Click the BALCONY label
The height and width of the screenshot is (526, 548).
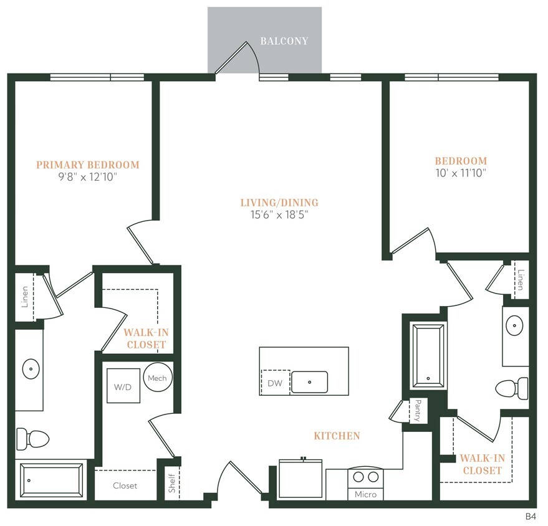[284, 41]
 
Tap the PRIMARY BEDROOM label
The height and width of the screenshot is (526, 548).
[87, 165]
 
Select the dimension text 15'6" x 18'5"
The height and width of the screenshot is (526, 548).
[279, 214]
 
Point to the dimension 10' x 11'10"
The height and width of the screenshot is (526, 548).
[461, 173]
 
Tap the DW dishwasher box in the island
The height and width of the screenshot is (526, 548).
[275, 383]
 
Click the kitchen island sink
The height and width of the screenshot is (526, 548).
[310, 382]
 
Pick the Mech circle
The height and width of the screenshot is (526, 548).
[157, 378]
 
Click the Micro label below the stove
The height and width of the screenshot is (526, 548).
[365, 494]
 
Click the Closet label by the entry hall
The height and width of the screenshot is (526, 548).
[125, 485]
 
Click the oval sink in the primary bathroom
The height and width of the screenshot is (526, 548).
[31, 370]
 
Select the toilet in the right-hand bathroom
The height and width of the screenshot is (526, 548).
[513, 387]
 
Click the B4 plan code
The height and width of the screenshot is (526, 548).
[530, 517]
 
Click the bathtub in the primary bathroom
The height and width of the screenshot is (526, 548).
[52, 480]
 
